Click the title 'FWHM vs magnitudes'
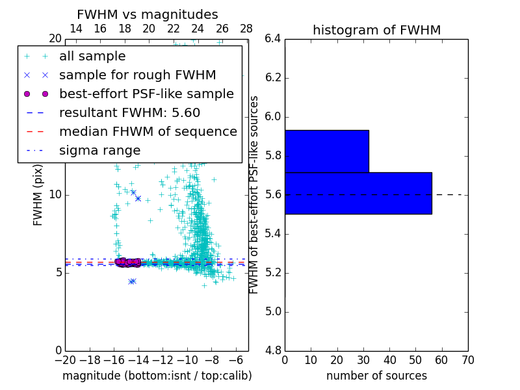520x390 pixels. click(148, 14)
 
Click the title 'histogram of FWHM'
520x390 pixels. click(376, 30)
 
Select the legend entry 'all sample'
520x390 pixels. click(92, 57)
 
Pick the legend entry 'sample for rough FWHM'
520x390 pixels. click(137, 75)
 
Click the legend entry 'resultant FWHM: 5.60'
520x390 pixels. click(129, 113)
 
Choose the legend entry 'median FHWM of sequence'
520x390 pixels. click(148, 132)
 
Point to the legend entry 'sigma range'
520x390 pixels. click(99, 151)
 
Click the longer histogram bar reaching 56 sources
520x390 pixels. click(358, 193)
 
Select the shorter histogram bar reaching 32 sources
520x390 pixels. click(326, 151)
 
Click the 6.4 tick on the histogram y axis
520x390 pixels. click(272, 39)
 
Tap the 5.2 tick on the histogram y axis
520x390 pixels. click(272, 272)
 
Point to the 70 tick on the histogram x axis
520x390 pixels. click(467, 359)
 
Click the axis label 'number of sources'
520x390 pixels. click(376, 376)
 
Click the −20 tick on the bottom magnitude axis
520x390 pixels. click(65, 359)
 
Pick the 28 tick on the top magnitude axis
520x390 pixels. click(246, 29)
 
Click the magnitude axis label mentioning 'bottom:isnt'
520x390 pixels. click(157, 376)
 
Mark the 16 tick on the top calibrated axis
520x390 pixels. click(100, 29)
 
